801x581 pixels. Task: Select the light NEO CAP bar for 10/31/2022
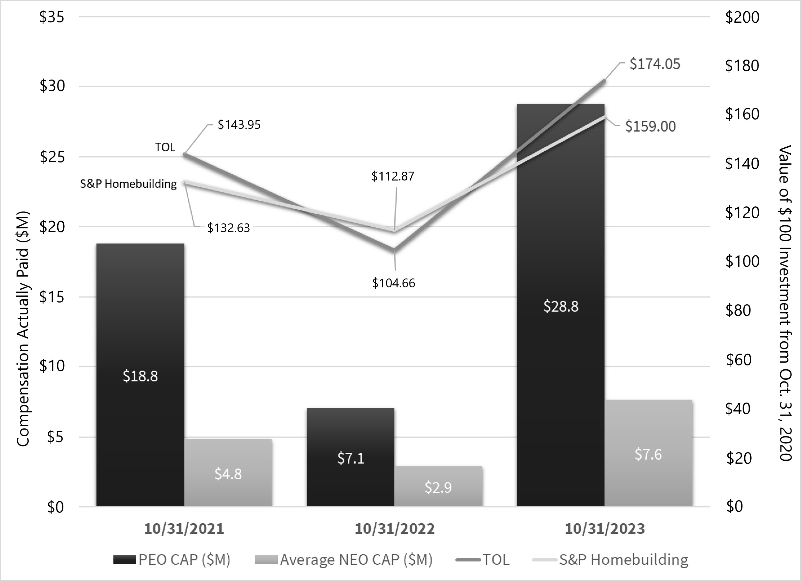(438, 487)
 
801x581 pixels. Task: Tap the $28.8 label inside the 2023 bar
(561, 306)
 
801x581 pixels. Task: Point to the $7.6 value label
(648, 454)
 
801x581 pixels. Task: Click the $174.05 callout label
(655, 64)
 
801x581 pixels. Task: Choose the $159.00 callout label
(650, 127)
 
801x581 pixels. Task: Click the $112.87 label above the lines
(393, 176)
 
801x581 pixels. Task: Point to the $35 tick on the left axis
(52, 17)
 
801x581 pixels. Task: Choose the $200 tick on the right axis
(742, 17)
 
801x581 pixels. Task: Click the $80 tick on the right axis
(738, 310)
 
